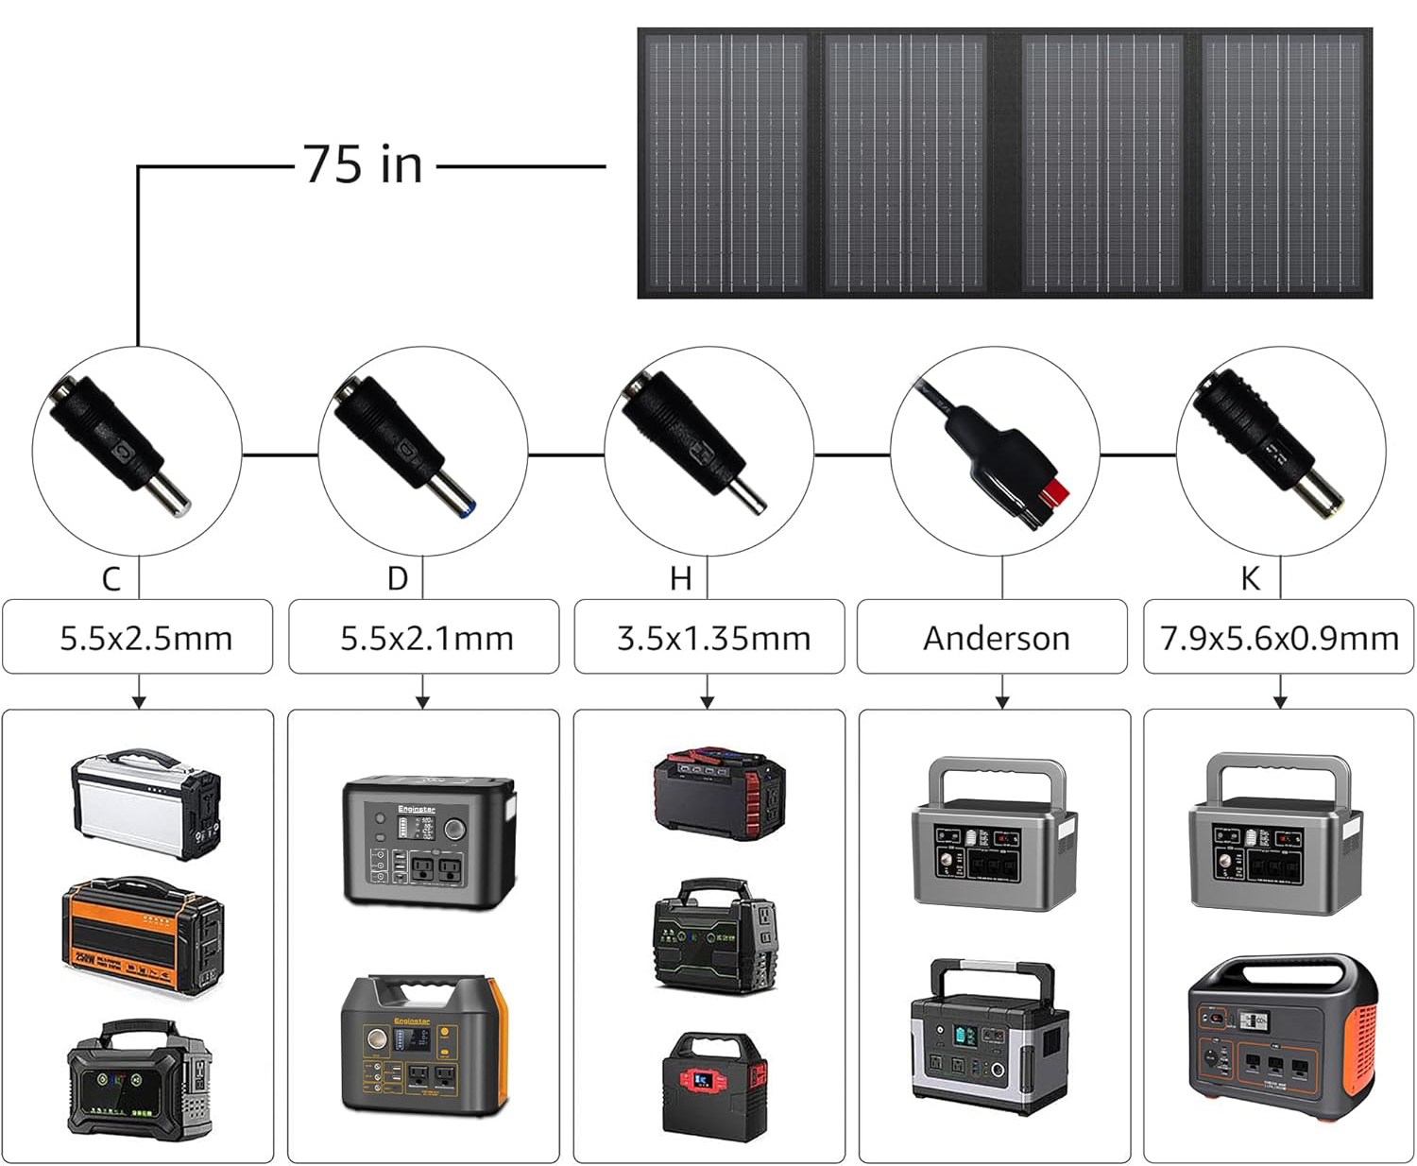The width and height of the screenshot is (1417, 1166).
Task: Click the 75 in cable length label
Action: [363, 164]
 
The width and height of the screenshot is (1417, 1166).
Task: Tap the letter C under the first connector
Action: [111, 578]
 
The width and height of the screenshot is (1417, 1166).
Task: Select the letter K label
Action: [1250, 578]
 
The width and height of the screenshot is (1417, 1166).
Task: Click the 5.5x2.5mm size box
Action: [138, 638]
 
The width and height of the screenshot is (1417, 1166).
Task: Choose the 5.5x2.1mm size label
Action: [426, 638]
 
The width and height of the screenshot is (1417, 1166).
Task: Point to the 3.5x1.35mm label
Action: [713, 638]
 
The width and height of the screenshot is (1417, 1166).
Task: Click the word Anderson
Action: [996, 638]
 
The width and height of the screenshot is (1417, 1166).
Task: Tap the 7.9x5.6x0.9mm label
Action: [1279, 638]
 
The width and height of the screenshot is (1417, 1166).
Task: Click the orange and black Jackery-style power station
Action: [1282, 1029]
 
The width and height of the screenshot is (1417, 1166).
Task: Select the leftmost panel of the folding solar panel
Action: [725, 163]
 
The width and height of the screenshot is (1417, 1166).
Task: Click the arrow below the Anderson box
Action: [1002, 700]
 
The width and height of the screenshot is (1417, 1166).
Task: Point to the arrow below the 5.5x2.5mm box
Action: [139, 700]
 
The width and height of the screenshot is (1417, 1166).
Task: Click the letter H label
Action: [680, 578]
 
